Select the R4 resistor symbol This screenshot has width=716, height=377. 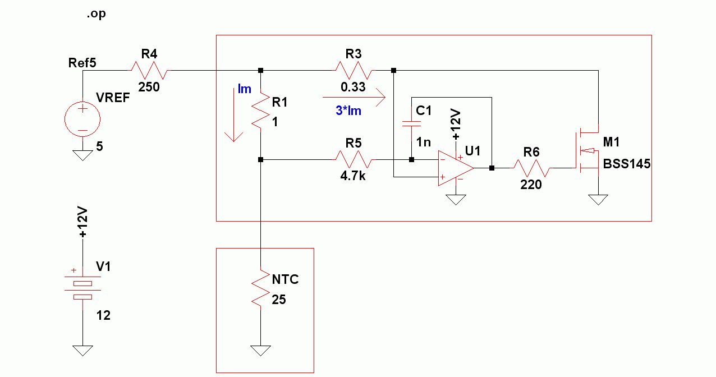(149, 70)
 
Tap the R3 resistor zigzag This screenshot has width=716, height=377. (353, 70)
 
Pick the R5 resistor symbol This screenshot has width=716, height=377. (353, 159)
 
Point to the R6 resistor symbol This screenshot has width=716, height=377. (531, 168)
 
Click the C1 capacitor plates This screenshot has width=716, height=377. (411, 123)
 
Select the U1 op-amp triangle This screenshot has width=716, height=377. (456, 168)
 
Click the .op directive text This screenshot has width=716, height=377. (96, 14)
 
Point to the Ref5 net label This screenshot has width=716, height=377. (82, 63)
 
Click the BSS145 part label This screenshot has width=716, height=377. (626, 164)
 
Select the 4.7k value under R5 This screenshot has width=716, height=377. (353, 176)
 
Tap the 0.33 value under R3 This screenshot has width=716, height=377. (353, 87)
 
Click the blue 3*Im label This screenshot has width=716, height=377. (348, 111)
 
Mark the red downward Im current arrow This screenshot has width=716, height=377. (234, 114)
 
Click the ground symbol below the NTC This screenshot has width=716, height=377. (260, 351)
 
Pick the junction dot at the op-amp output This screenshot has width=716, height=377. (492, 168)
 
